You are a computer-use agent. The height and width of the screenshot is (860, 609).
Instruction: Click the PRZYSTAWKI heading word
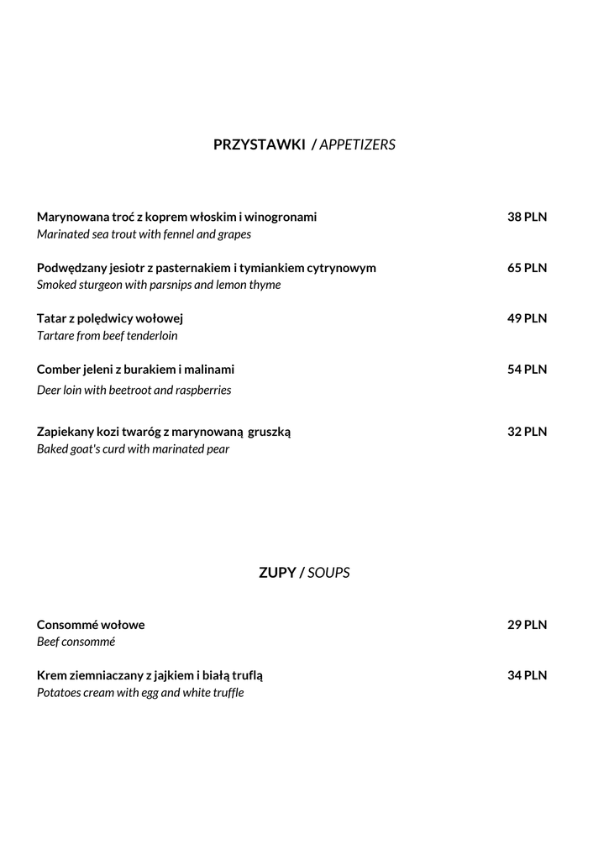pos(259,144)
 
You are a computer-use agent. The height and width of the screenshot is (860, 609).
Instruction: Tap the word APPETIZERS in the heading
pos(357,144)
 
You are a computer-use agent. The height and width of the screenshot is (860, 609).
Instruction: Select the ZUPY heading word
pos(277,573)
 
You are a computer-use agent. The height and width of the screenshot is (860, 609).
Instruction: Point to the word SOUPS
pos(328,573)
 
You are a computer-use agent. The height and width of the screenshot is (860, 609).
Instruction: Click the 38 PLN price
pos(527,217)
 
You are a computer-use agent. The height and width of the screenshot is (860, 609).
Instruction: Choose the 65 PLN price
pos(527,268)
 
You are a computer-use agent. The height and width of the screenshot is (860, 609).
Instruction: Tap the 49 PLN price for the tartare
pos(527,318)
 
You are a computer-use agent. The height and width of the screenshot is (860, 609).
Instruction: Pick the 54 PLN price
pos(527,369)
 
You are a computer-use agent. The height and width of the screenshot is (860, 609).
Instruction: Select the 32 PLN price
pos(527,432)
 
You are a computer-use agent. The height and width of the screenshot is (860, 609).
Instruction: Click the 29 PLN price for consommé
pos(527,625)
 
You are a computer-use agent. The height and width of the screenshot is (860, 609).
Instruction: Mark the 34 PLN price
pos(527,675)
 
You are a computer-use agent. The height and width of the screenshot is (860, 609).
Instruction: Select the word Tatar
pos(52,318)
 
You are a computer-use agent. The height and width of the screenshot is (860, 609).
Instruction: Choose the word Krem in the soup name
pos(52,675)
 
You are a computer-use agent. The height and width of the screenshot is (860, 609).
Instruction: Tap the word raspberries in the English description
pos(201,390)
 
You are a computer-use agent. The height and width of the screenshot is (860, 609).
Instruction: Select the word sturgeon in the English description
pos(103,285)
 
